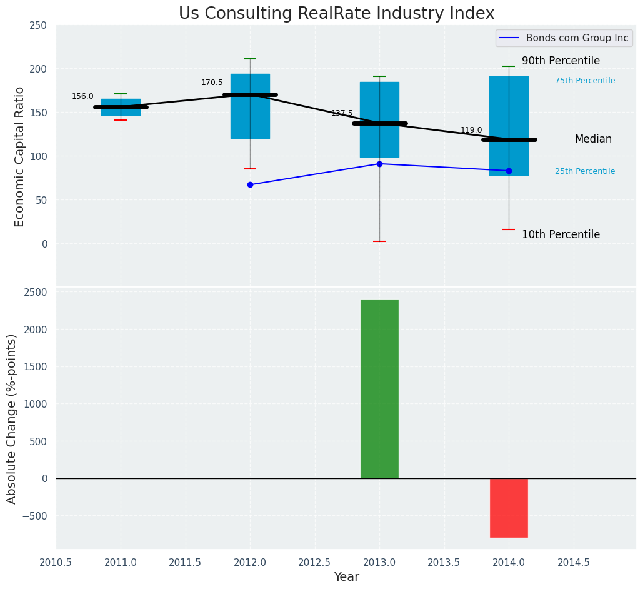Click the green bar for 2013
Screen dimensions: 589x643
[x=379, y=389]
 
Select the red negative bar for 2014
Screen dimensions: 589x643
[x=509, y=508]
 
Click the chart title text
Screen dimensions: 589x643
[x=336, y=14]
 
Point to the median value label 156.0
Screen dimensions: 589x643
[x=82, y=96]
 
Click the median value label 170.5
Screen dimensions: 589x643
[x=212, y=83]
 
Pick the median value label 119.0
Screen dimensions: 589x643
[x=471, y=130]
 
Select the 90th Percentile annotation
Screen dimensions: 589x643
[x=561, y=61]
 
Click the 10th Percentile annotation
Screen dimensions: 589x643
[x=561, y=235]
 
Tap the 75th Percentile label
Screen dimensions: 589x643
[x=584, y=81]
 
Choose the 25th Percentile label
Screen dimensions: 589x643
[x=584, y=171]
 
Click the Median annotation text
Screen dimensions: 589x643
[x=593, y=139]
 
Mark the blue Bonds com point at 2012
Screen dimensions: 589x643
[x=250, y=184]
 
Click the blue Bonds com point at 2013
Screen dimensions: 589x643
[x=379, y=164]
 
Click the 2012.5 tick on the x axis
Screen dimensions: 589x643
[x=314, y=562]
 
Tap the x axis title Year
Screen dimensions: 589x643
[x=346, y=577]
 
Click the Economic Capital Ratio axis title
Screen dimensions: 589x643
[x=19, y=156]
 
